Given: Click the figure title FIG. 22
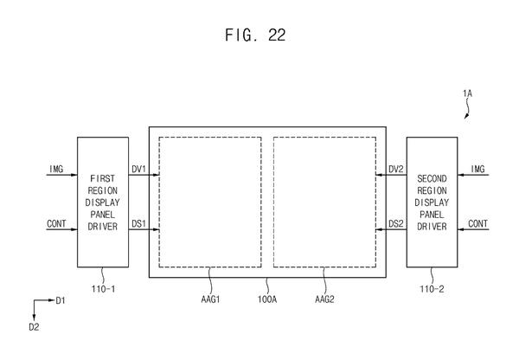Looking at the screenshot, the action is (255, 35).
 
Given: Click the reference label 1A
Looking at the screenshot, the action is (467, 93).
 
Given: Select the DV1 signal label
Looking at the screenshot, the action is (138, 169).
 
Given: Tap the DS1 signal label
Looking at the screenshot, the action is (138, 224).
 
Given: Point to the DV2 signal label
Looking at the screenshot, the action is (396, 169).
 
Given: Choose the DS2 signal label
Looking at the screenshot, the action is (396, 224).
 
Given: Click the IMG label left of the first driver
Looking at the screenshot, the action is (56, 169).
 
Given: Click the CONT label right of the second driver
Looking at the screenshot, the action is (477, 224).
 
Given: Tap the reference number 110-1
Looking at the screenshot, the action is (103, 289).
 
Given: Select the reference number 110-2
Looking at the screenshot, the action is (432, 289).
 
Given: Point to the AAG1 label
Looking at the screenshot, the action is (210, 299).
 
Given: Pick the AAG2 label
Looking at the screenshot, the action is (324, 299).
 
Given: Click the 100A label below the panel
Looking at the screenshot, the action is (267, 299).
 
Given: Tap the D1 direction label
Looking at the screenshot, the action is (61, 300).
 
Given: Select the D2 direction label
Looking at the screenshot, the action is (34, 327).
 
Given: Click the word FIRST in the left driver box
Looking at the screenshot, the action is (103, 179).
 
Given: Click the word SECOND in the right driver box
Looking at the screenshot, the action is (432, 179).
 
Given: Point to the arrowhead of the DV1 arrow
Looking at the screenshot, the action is (157, 175).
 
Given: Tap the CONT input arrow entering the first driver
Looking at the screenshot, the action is (62, 229).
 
